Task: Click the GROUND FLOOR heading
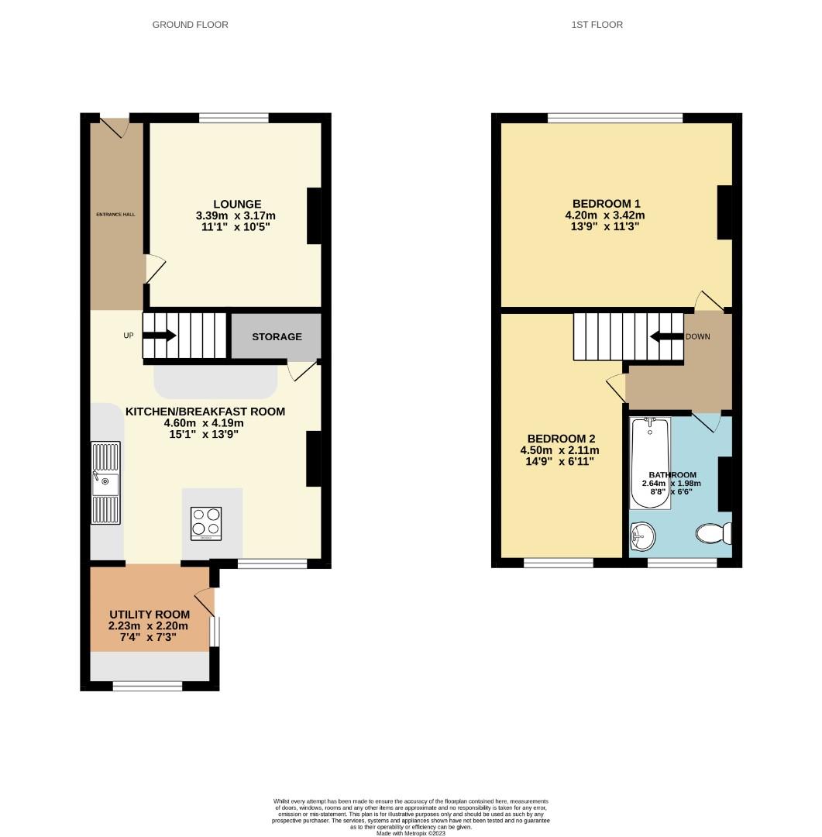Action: tap(190, 25)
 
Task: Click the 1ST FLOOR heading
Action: tap(597, 25)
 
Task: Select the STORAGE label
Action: tap(277, 336)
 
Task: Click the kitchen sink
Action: tap(105, 484)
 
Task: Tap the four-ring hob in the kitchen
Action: tap(206, 523)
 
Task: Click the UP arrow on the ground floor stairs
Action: tap(160, 336)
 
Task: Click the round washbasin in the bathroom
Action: tap(643, 533)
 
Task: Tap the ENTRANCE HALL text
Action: tap(116, 214)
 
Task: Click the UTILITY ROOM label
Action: tap(149, 615)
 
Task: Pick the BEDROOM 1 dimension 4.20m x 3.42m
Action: tap(604, 215)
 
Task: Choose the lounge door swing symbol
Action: tap(154, 268)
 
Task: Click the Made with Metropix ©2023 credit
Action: tap(411, 833)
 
